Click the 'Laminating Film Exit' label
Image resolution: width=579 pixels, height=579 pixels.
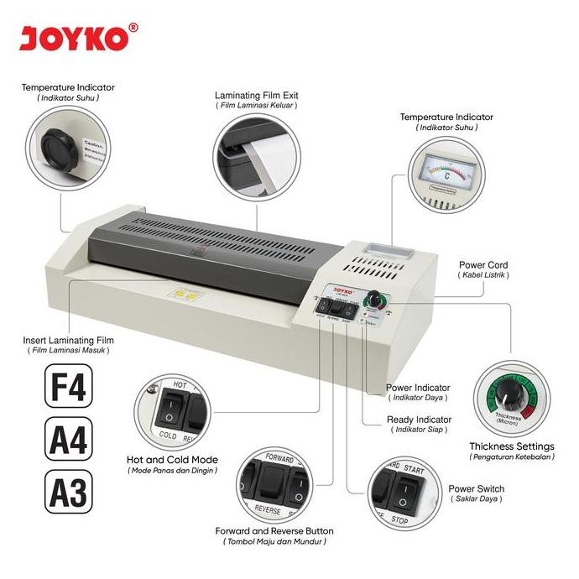pos(256,96)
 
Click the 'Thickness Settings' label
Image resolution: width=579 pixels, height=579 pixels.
pos(511,446)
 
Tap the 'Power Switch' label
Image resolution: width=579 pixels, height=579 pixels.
pos(476,488)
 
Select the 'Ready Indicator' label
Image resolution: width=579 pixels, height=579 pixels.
pos(419,419)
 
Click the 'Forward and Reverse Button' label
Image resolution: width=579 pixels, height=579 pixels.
pos(274,530)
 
